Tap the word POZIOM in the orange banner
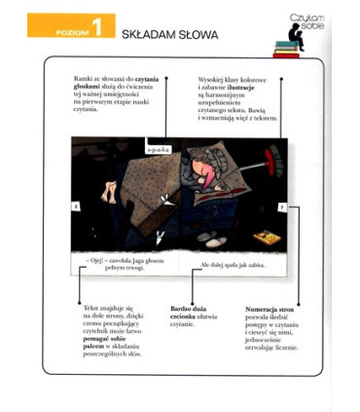point(59,34)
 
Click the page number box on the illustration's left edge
point(75,207)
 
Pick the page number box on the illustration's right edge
point(282,207)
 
